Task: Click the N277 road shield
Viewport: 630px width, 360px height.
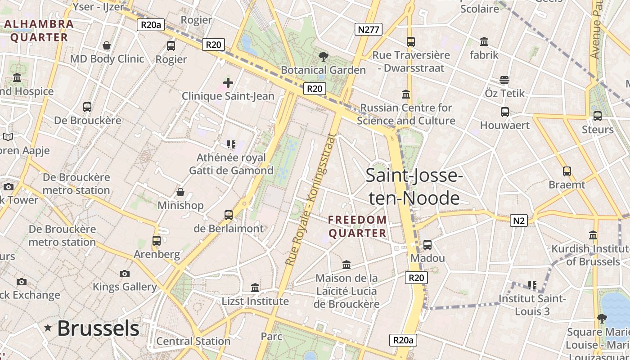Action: (x=369, y=30)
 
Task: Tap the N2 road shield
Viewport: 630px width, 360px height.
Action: (x=519, y=220)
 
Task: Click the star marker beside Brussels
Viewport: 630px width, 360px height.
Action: (x=48, y=328)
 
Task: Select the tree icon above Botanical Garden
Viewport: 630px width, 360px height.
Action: (x=323, y=57)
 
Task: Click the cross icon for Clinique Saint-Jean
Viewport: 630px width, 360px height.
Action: (x=228, y=83)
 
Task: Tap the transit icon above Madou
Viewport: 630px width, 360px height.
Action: (x=427, y=245)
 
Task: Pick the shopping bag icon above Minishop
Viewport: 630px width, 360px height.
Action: (x=180, y=192)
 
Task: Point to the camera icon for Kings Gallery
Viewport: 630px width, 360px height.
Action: (x=125, y=274)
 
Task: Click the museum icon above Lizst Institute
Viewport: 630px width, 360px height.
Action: (x=255, y=288)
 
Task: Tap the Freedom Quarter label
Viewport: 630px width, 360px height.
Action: (x=357, y=226)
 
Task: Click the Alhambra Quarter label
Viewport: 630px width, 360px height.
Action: (x=39, y=31)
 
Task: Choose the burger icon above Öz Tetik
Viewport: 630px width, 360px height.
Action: (x=504, y=80)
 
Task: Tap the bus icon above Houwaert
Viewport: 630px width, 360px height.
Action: (x=505, y=112)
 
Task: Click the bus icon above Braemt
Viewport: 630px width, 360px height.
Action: (x=567, y=171)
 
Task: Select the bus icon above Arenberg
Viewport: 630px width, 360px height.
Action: (x=157, y=241)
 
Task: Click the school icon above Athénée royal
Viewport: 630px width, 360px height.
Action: (x=231, y=144)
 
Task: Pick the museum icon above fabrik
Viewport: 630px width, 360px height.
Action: (x=484, y=42)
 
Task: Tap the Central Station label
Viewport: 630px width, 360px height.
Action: (x=193, y=341)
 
